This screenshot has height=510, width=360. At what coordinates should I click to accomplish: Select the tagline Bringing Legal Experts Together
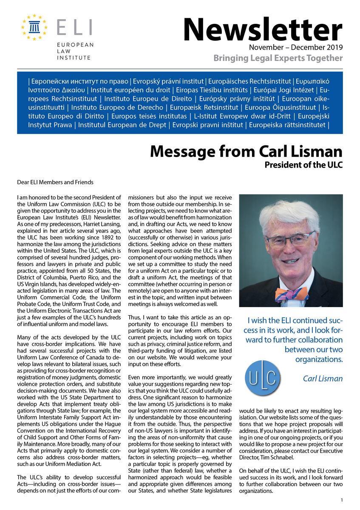(278, 58)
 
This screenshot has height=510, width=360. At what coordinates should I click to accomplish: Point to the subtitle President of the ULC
(303, 165)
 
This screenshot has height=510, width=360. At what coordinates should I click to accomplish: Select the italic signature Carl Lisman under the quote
(323, 378)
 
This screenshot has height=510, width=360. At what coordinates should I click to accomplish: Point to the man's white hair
(292, 211)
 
